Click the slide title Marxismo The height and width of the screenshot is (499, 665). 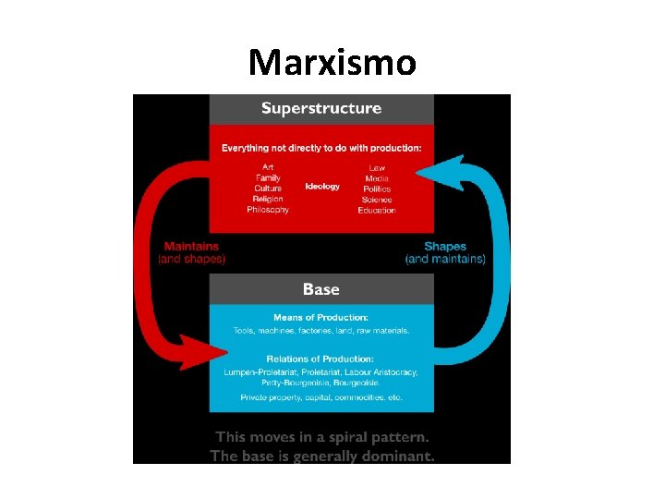point(332,63)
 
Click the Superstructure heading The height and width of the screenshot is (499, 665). point(321,108)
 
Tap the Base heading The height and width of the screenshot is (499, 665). point(321,289)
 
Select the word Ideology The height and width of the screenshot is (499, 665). point(322,187)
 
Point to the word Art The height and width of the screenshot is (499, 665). point(268,167)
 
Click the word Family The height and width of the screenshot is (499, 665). point(268,177)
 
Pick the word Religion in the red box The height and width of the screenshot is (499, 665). point(268,199)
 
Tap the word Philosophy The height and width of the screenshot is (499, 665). point(268,210)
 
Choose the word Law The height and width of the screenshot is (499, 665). point(377,167)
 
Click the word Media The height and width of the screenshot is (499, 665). point(377,178)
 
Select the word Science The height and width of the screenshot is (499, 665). point(377,200)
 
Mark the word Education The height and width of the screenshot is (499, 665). point(377,211)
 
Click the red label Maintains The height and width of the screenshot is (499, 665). point(191,247)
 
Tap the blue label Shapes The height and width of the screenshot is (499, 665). point(445,247)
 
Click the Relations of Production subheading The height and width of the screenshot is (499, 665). point(321,359)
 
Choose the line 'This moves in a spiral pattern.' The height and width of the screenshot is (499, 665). point(321,437)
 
